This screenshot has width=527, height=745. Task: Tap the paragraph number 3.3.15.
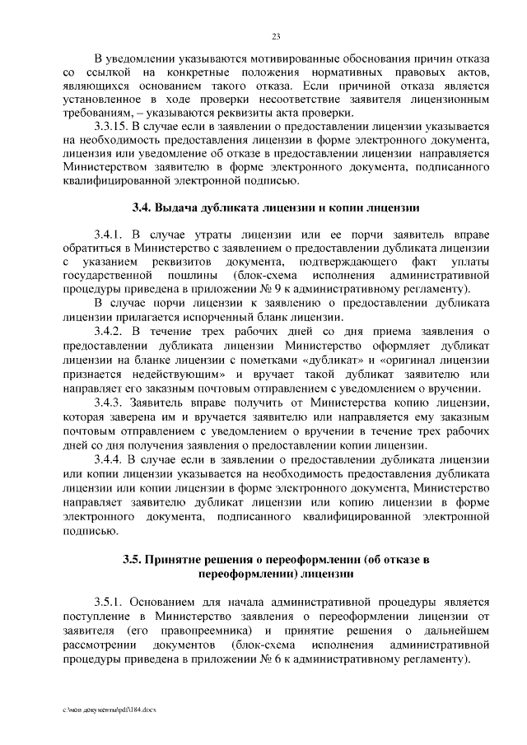(x=114, y=128)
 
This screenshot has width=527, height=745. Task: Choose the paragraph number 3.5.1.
(x=110, y=600)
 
